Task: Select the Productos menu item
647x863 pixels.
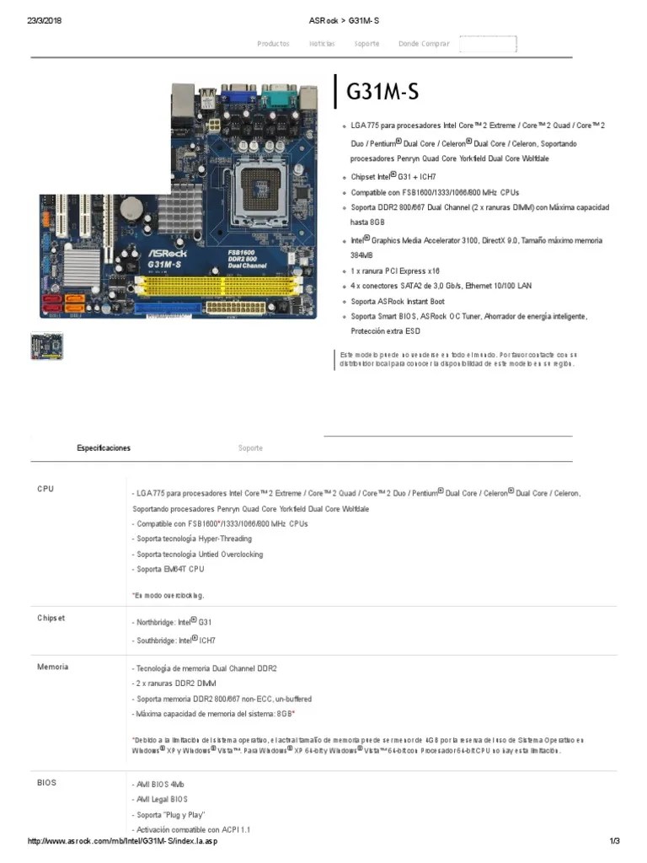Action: tap(273, 44)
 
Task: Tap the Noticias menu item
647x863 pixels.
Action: tap(322, 44)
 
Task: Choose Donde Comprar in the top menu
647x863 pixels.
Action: tap(424, 44)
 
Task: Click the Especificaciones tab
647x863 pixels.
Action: tap(104, 448)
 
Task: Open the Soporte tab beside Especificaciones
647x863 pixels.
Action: tap(250, 448)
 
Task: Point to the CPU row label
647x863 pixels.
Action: tap(45, 489)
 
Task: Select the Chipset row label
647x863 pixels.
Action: tap(51, 618)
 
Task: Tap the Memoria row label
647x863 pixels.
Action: tap(51, 667)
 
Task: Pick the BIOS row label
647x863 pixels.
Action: tap(46, 782)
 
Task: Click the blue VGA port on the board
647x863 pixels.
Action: tap(239, 94)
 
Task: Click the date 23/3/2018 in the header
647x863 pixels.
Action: tap(45, 21)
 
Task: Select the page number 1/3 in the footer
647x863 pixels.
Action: tap(614, 842)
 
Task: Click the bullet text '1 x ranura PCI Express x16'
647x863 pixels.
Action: tap(395, 271)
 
